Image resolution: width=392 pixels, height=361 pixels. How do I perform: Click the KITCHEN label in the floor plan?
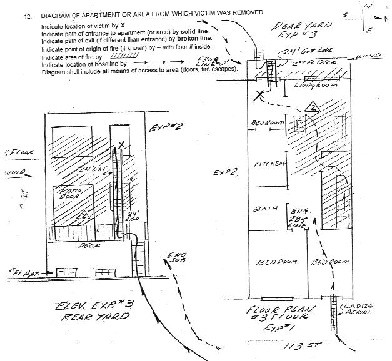[x=269, y=164]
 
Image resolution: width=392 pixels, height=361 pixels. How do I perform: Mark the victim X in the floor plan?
[x=258, y=96]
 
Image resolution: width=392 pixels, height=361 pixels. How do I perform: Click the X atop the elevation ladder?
[x=122, y=144]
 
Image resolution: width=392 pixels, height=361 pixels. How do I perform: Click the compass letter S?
[x=346, y=14]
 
